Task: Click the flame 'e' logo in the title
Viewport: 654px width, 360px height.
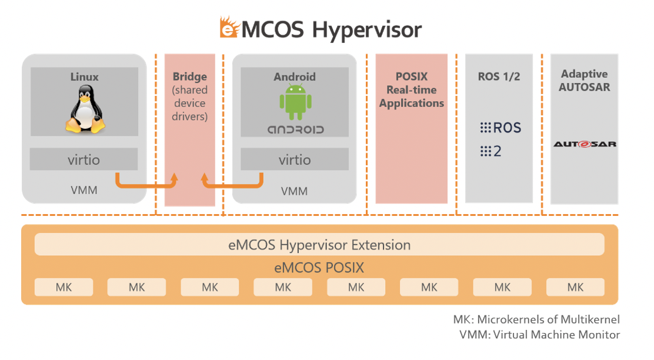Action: point(229,28)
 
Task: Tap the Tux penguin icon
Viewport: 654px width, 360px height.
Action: point(85,109)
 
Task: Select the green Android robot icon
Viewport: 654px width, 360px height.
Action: point(295,102)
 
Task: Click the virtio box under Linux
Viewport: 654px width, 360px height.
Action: point(84,159)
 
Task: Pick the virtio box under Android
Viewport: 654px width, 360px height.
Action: point(295,159)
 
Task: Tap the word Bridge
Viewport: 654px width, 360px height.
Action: point(190,76)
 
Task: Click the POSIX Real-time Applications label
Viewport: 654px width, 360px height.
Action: point(412,89)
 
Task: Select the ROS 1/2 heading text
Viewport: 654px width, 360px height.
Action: point(499,76)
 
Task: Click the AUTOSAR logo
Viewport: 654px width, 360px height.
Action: point(585,144)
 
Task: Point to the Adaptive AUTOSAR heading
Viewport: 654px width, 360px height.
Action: point(585,81)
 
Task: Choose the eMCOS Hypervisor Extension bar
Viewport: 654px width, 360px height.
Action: point(319,245)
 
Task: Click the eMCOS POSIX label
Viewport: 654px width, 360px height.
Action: point(319,268)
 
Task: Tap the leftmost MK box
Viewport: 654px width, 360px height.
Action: point(64,287)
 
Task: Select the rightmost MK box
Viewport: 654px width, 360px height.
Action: point(575,287)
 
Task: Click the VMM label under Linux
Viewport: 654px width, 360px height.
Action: point(84,190)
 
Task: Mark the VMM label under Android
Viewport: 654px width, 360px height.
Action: point(294,191)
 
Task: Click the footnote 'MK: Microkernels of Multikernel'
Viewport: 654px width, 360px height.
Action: point(536,319)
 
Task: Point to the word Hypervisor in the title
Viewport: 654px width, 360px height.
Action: point(366,30)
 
